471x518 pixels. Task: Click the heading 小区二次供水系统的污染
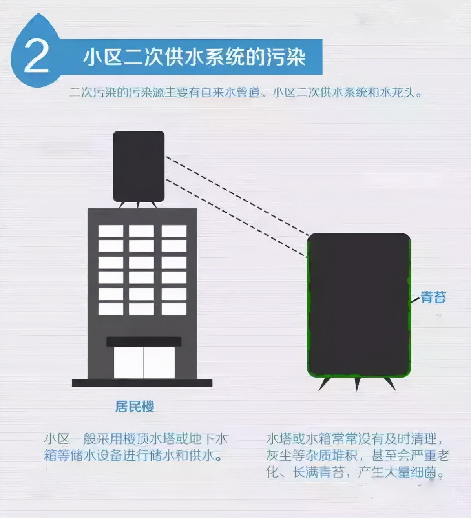[194, 57]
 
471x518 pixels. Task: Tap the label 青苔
[433, 297]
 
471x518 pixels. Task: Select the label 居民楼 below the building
[135, 407]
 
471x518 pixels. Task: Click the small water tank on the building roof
[139, 166]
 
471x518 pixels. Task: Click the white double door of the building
[144, 362]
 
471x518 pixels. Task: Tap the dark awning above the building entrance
[144, 341]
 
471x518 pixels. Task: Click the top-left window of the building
[111, 231]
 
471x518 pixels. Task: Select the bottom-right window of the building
[174, 309]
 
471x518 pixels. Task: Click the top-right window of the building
[174, 231]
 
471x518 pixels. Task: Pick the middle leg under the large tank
[357, 383]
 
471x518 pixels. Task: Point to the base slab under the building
[142, 383]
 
